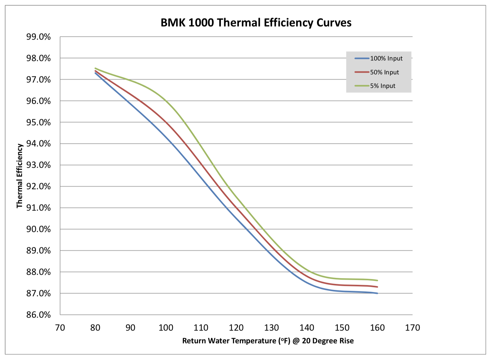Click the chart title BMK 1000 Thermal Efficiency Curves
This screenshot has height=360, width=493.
click(x=256, y=23)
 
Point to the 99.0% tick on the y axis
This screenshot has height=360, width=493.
click(x=38, y=37)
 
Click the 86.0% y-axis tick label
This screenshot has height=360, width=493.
click(x=38, y=315)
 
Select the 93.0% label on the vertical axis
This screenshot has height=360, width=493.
click(x=38, y=165)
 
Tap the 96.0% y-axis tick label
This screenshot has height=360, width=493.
click(x=38, y=101)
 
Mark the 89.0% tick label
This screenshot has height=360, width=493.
click(x=38, y=251)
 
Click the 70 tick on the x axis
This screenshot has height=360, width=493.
click(x=60, y=328)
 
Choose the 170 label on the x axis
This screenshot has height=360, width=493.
click(x=412, y=328)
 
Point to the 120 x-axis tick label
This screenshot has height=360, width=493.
click(x=236, y=328)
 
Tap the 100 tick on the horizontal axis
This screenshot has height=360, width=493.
click(x=166, y=328)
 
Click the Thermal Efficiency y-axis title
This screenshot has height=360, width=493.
click(x=20, y=176)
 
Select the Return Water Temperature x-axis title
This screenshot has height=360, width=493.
click(x=268, y=341)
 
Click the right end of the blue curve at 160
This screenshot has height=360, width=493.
click(x=377, y=293)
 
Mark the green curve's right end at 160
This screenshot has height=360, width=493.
click(x=377, y=280)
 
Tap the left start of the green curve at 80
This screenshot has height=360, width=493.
click(x=96, y=68)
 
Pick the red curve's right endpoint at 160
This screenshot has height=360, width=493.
click(x=377, y=287)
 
